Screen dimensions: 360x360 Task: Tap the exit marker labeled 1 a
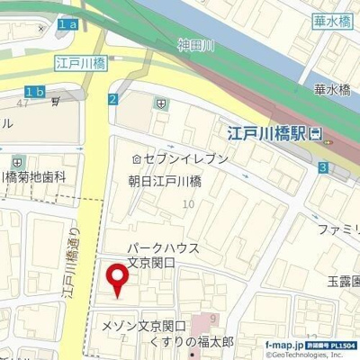[x=67, y=25]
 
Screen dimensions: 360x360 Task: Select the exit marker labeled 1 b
[x=35, y=91]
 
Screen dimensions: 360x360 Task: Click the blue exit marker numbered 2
[x=112, y=99]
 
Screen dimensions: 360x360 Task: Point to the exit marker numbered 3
[x=322, y=167]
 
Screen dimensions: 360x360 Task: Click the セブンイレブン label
[x=184, y=158]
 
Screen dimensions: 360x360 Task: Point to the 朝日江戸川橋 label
[x=164, y=181]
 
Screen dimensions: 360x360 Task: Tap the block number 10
[x=188, y=205]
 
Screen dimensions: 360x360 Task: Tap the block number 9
[x=212, y=319]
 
